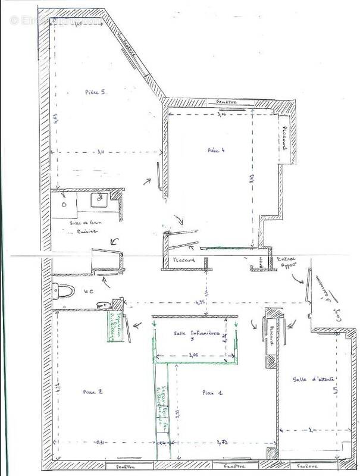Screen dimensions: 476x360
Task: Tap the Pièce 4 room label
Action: (x=216, y=149)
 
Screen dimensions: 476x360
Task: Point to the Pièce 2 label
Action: (x=93, y=392)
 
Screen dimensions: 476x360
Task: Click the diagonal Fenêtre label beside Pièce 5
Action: (x=130, y=47)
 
